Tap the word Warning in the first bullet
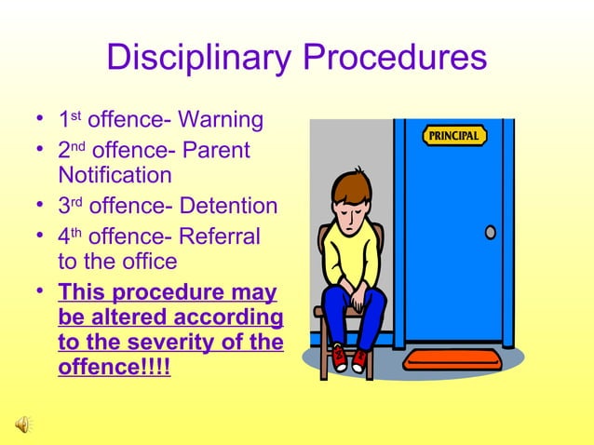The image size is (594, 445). [221, 120]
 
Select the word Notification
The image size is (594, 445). [115, 175]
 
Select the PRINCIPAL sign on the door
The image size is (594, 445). [455, 136]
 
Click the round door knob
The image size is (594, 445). [491, 232]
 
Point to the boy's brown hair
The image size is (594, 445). [353, 185]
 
